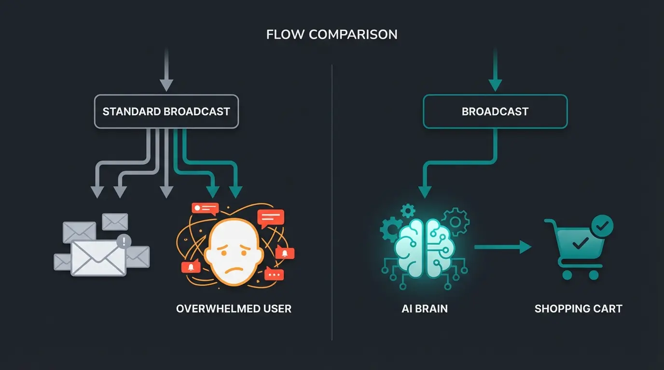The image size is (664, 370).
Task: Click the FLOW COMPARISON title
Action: (x=332, y=35)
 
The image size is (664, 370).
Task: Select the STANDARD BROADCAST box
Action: (x=166, y=111)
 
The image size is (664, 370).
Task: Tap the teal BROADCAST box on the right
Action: (x=495, y=111)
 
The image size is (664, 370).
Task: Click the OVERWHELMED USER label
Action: (x=234, y=309)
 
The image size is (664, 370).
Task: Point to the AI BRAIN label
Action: (x=425, y=309)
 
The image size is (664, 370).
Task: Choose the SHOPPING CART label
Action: (x=578, y=309)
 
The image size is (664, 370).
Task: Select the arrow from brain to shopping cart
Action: (x=502, y=247)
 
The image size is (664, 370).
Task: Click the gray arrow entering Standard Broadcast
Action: (x=166, y=70)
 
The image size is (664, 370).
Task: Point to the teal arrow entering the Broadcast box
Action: (x=495, y=70)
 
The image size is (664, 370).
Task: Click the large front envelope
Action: (x=98, y=258)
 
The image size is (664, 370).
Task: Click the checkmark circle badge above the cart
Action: (x=602, y=225)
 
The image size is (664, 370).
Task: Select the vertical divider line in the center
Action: (x=332, y=202)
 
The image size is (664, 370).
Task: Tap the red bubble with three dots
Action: (x=274, y=275)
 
